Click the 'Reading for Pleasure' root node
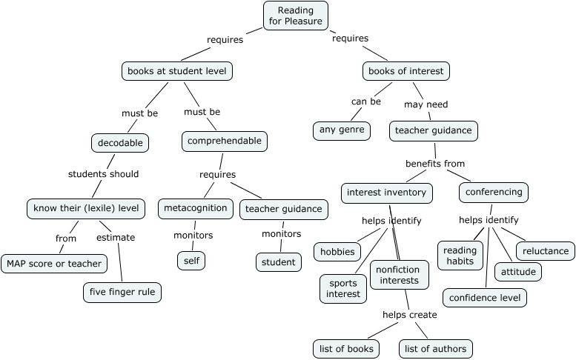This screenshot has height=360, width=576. pyautogui.click(x=296, y=16)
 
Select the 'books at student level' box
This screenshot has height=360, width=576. pyautogui.click(x=177, y=71)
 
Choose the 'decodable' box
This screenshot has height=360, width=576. pyautogui.click(x=120, y=141)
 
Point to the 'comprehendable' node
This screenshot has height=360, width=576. pyautogui.click(x=224, y=140)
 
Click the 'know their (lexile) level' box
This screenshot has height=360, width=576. pyautogui.click(x=85, y=208)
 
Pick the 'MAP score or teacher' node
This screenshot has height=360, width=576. pyautogui.click(x=54, y=263)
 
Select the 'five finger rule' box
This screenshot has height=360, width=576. pyautogui.click(x=122, y=292)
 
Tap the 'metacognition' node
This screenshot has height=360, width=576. pyautogui.click(x=196, y=208)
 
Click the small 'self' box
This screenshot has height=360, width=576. pyautogui.click(x=191, y=260)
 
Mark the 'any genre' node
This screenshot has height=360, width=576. pyautogui.click(x=341, y=131)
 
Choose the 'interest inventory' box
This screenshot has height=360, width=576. pyautogui.click(x=386, y=193)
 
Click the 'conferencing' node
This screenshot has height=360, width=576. pyautogui.click(x=494, y=192)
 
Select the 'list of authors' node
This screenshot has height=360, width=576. pyautogui.click(x=436, y=348)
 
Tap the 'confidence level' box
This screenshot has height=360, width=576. pyautogui.click(x=486, y=298)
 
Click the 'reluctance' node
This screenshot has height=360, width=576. pyautogui.click(x=546, y=250)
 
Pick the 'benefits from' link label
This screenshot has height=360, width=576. pyautogui.click(x=435, y=163)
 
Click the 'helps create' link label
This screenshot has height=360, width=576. pyautogui.click(x=409, y=315)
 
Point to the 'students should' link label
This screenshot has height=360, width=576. pyautogui.click(x=103, y=174)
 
